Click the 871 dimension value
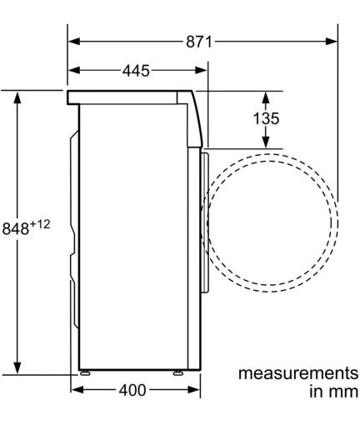199,42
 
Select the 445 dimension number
136,71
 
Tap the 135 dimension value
266,118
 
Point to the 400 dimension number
132,390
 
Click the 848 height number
16,228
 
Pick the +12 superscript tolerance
40,224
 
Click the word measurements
298,373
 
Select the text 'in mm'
334,392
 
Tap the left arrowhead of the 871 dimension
74,42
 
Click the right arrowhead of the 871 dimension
332,42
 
